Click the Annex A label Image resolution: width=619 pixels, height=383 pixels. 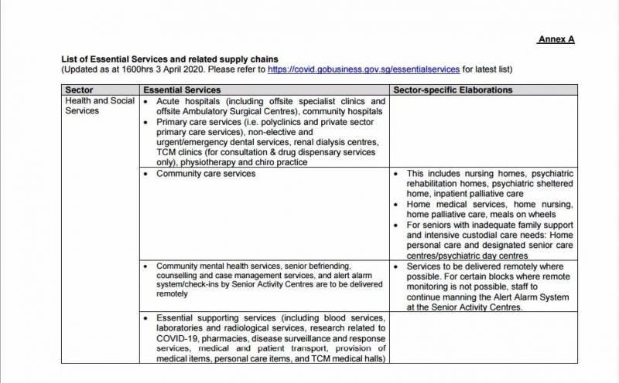pos(555,39)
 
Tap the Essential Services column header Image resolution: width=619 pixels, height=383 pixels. pos(182,90)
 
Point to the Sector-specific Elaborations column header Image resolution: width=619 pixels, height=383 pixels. pos(453,90)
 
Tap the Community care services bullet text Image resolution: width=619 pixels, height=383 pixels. pos(206,174)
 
